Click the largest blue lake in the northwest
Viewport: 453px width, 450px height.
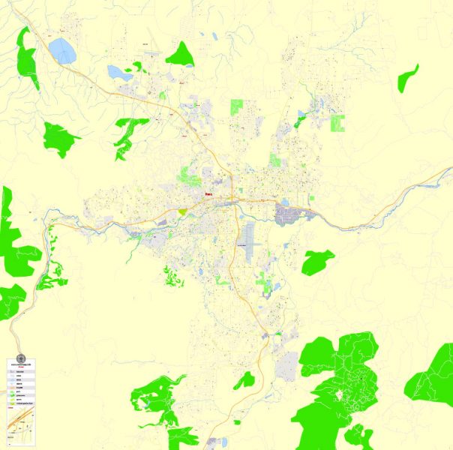point(61,50)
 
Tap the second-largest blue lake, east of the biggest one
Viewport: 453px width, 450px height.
point(118,73)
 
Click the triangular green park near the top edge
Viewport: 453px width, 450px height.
point(180,54)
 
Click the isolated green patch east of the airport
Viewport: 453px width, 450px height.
point(317,262)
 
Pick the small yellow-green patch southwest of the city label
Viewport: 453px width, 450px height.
point(182,212)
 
